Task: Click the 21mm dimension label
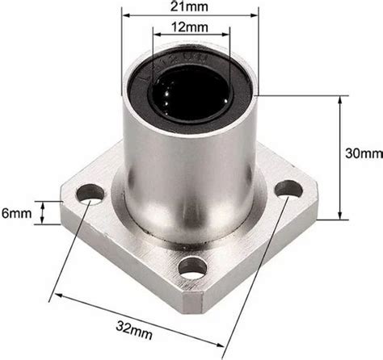point(191,8)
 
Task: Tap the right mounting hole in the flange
point(288,189)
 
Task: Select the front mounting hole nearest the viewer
point(191,267)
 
